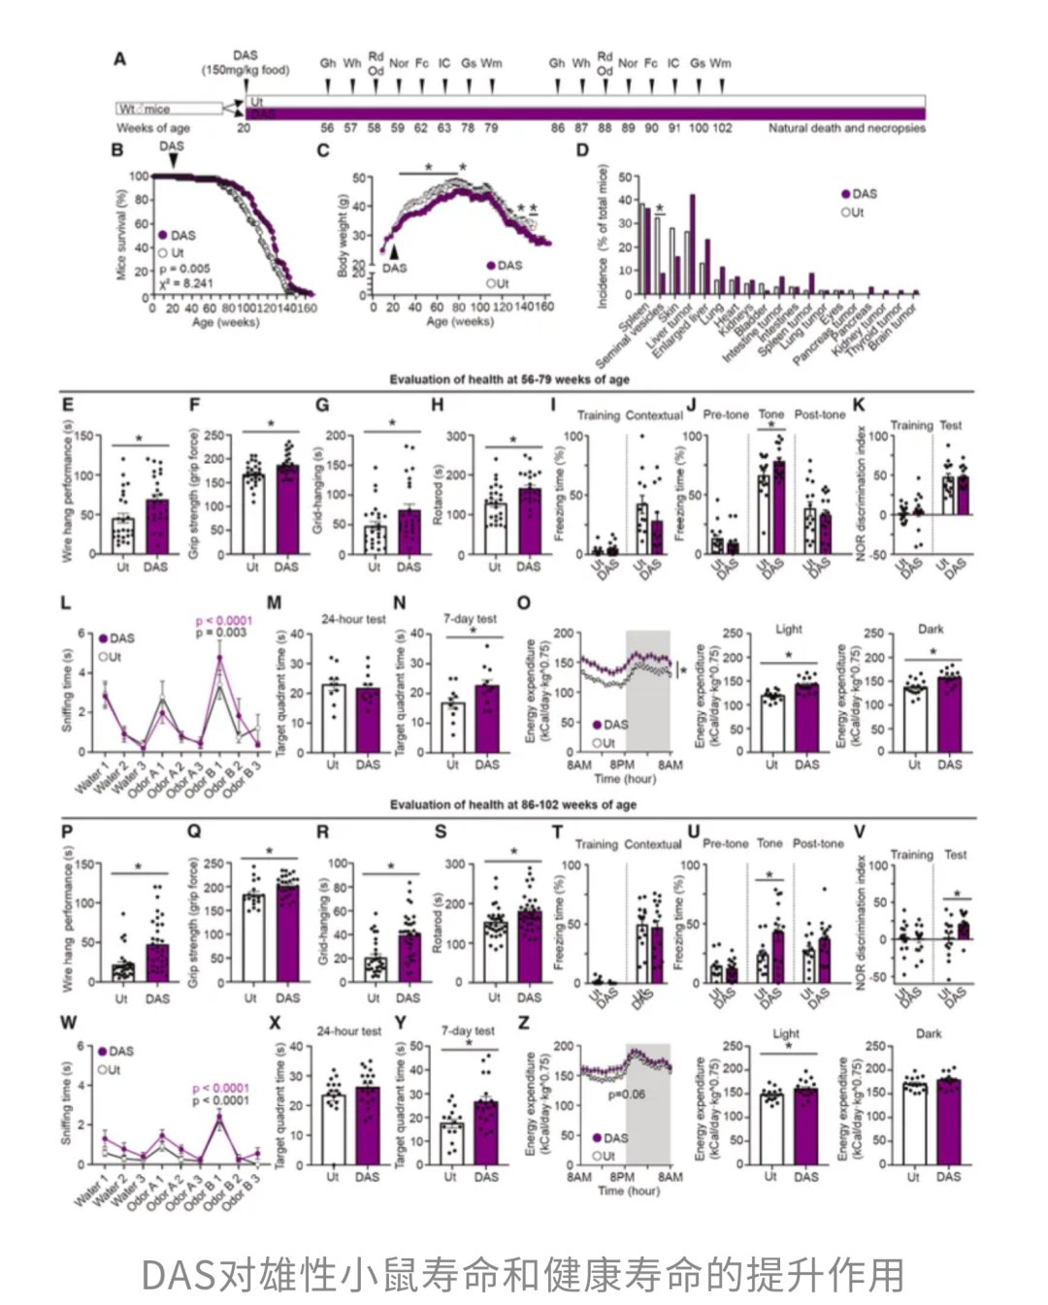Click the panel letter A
[x=119, y=59]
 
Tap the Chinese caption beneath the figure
[x=523, y=1274]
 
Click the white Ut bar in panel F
[x=253, y=514]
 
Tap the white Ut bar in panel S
[x=495, y=951]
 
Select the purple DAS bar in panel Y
[x=486, y=1132]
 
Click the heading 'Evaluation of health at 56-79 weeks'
[x=509, y=379]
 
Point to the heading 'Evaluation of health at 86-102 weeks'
[x=513, y=804]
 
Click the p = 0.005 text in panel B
[x=183, y=269]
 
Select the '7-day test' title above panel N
[x=470, y=619]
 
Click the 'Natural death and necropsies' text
[x=846, y=128]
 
